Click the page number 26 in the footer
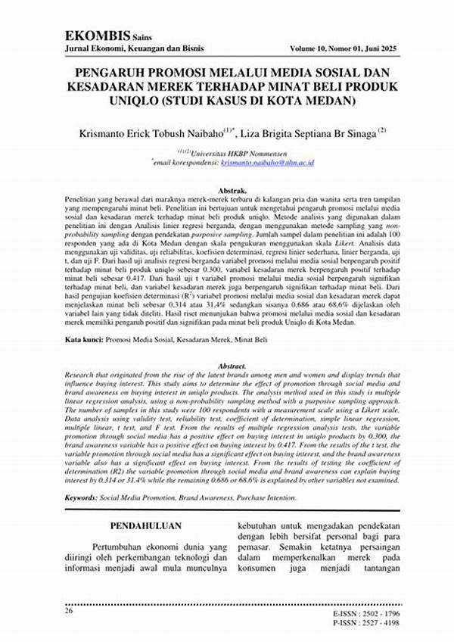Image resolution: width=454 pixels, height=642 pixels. pos(69,609)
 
